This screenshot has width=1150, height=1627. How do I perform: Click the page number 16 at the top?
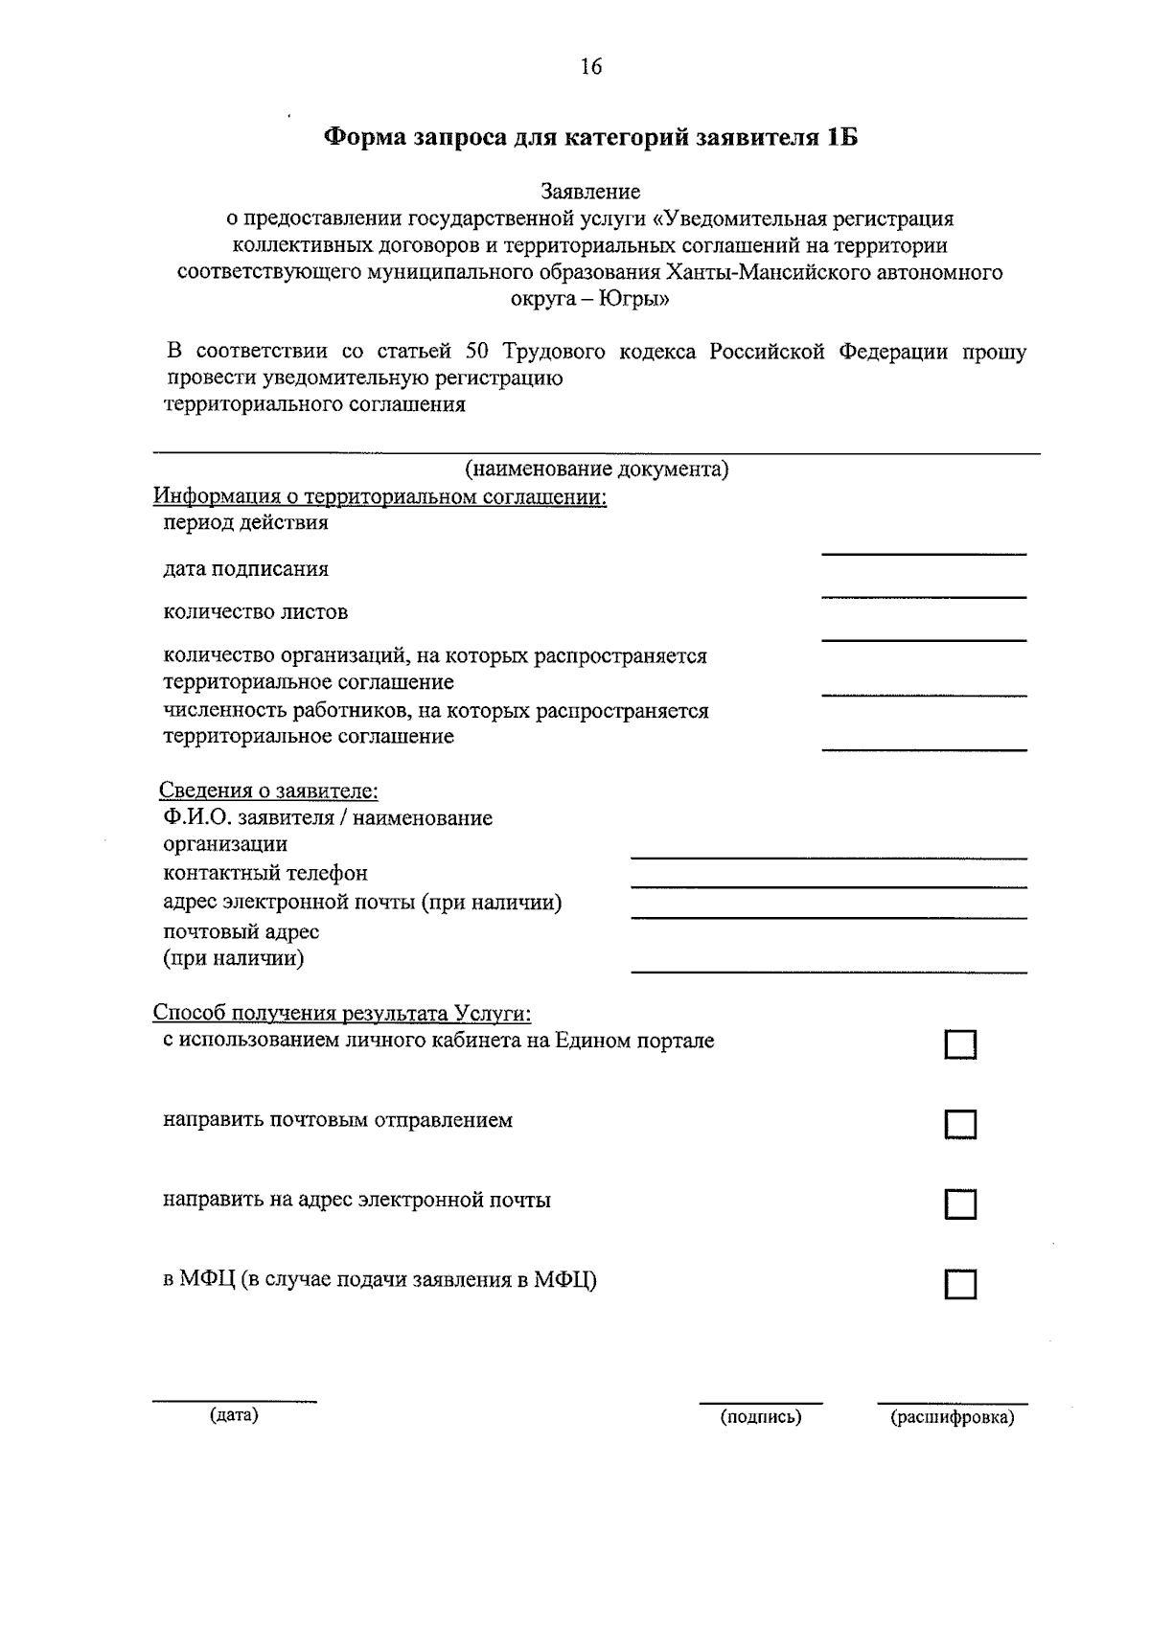click(590, 66)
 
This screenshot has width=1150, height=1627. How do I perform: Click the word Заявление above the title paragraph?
click(590, 193)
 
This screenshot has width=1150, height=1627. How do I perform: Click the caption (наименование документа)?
click(597, 470)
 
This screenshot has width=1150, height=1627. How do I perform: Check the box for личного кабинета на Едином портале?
click(960, 1044)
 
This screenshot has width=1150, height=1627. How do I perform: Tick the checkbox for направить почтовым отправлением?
click(960, 1124)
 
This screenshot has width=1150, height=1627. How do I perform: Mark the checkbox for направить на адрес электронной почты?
click(960, 1203)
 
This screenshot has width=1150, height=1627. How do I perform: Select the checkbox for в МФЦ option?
click(960, 1284)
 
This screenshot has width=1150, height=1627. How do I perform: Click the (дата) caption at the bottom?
click(234, 1414)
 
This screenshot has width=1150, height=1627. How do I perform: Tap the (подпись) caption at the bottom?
click(761, 1417)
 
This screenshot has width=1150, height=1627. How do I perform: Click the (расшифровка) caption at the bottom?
click(952, 1417)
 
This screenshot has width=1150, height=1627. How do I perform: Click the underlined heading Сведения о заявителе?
click(268, 792)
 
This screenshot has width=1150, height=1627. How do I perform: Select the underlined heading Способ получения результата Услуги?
click(342, 1014)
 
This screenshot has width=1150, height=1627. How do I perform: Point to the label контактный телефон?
click(265, 874)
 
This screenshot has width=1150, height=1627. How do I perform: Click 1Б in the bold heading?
click(839, 138)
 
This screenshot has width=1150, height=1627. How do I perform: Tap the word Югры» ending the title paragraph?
click(634, 299)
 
